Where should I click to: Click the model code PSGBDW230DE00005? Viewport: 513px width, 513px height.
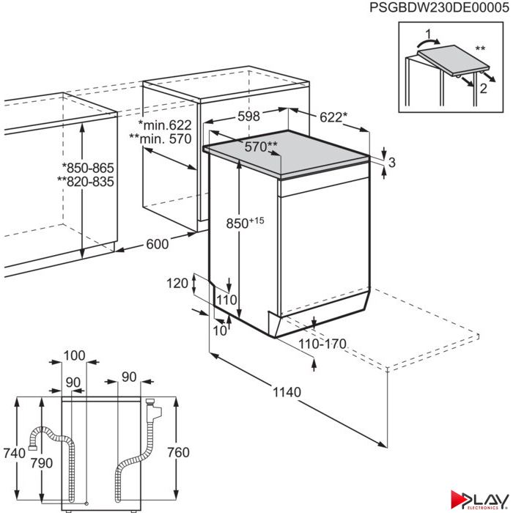[x=440, y=7]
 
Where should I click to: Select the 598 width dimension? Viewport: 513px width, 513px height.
[x=248, y=116]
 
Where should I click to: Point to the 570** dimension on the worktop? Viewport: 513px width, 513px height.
[x=261, y=147]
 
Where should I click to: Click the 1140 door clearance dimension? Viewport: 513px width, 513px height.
[x=287, y=392]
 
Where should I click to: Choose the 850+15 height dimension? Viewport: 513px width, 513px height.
[x=245, y=223]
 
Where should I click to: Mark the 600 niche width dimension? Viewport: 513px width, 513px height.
[x=158, y=244]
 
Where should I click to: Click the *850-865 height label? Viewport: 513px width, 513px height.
[x=88, y=168]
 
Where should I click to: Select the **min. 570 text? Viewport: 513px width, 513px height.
[x=160, y=139]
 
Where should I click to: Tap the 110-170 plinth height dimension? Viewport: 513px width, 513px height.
[x=322, y=344]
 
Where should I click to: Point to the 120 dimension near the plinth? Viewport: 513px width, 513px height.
[x=177, y=284]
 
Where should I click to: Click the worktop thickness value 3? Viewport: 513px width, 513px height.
[x=392, y=162]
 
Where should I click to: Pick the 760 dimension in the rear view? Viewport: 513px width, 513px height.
[x=178, y=452]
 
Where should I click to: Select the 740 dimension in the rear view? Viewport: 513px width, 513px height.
[x=15, y=453]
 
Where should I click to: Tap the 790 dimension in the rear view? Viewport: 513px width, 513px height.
[x=42, y=463]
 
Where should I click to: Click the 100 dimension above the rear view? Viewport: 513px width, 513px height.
[x=74, y=355]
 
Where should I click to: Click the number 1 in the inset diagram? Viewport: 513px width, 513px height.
[x=428, y=34]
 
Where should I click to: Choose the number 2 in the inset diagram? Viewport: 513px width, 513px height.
[x=483, y=88]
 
